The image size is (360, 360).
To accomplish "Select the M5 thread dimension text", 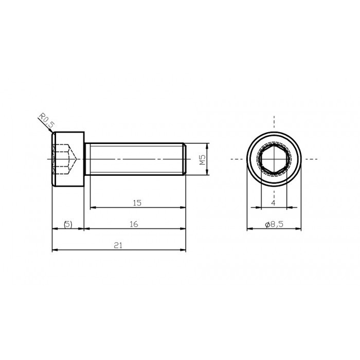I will coord(203,159).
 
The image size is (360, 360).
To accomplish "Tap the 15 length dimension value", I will coord(137,203).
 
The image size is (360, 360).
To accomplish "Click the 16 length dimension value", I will coord(134,224).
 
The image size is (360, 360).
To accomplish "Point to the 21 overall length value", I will coord(118,246).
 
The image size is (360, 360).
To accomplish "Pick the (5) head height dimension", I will coord(67,224).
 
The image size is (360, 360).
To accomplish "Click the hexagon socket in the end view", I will coord(273,159).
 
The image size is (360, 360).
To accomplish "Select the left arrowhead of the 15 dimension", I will coord(93,208).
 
